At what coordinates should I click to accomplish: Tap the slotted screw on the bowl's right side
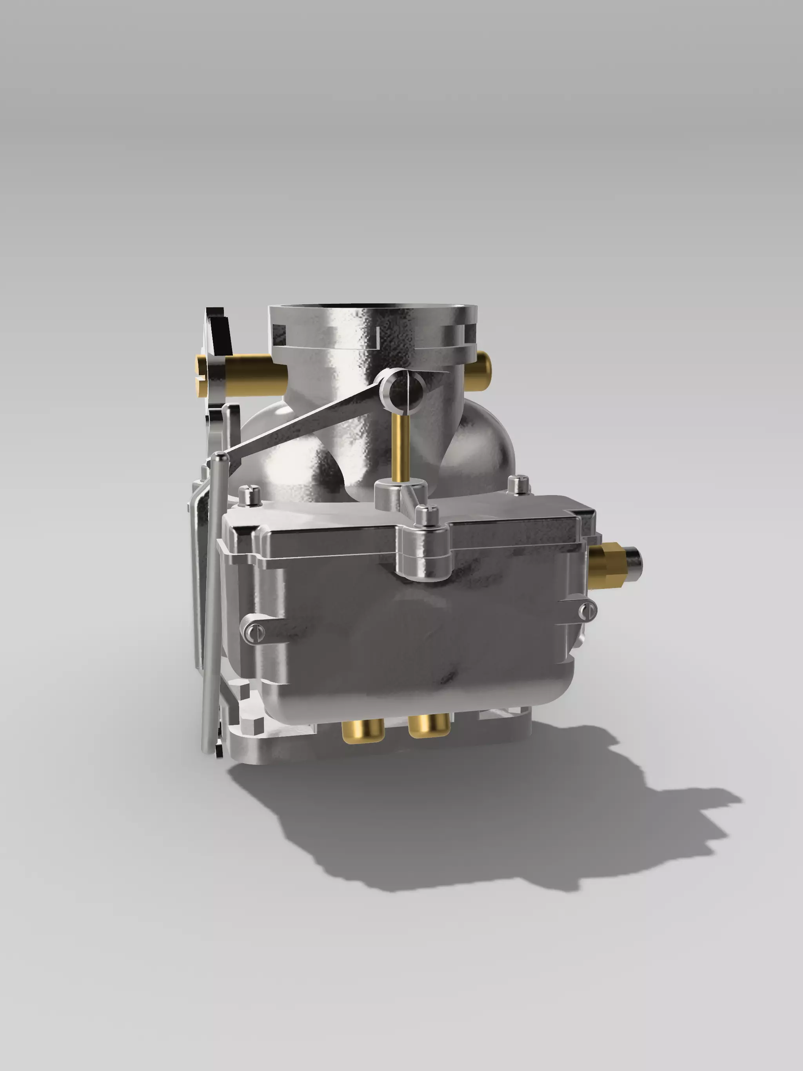587,611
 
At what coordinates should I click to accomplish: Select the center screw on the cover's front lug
426,515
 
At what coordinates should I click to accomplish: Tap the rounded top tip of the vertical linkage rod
220,456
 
